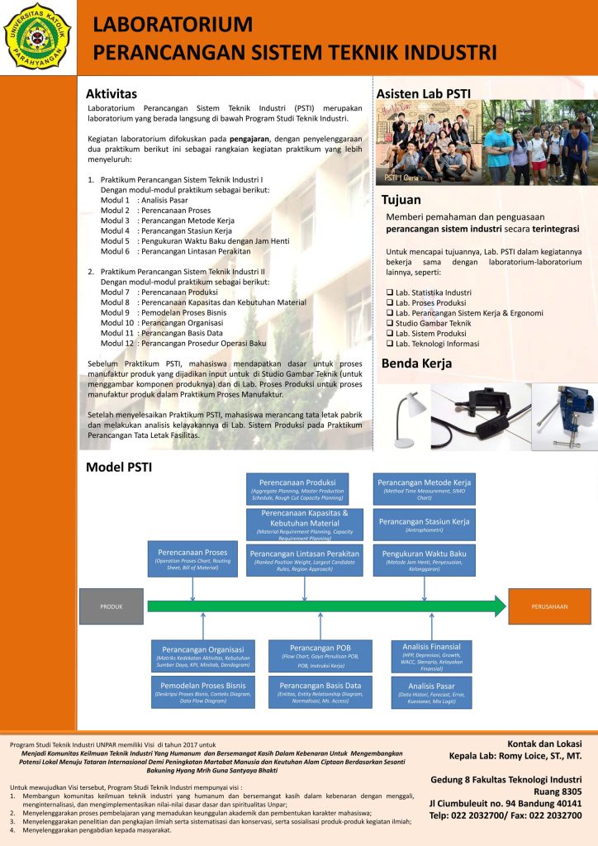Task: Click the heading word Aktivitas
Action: pos(112,93)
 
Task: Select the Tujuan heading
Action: pos(401,200)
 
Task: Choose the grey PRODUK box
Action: pos(112,606)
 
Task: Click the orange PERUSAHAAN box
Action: pos(549,606)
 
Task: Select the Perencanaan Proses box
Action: pos(192,558)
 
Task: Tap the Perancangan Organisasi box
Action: pos(203,655)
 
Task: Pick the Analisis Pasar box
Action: pos(431,692)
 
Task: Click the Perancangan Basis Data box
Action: pos(320,691)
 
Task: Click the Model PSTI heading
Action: pos(119,468)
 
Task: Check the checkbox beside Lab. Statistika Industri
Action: pos(390,292)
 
